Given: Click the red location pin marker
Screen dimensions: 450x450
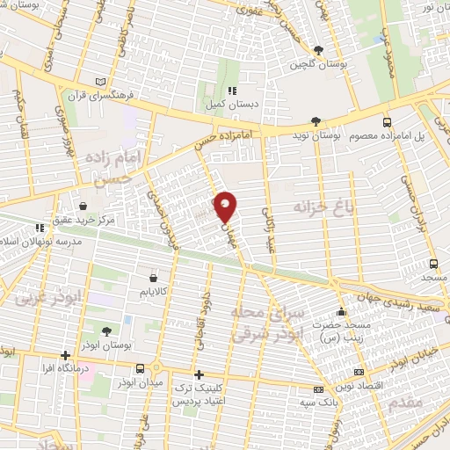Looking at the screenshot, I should pyautogui.click(x=226, y=206).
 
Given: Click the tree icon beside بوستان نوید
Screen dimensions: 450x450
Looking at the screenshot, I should pyautogui.click(x=315, y=122).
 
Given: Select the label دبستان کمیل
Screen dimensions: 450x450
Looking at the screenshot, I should pyautogui.click(x=231, y=104).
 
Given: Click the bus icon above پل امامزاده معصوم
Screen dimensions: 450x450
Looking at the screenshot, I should pyautogui.click(x=387, y=122).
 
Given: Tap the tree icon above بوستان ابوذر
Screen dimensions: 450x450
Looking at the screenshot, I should pyautogui.click(x=106, y=331).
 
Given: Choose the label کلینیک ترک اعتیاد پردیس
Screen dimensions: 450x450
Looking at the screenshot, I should pyautogui.click(x=200, y=395).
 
